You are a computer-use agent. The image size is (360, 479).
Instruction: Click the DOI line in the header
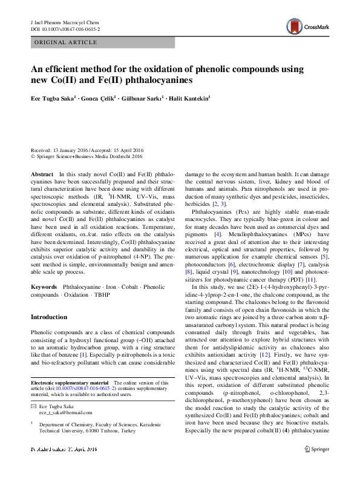pos(65,28)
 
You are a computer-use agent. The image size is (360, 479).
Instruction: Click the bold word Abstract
pos(42,174)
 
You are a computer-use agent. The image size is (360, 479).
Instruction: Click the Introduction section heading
pos(49,317)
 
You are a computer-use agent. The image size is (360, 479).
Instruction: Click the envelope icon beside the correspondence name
pos(33,405)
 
